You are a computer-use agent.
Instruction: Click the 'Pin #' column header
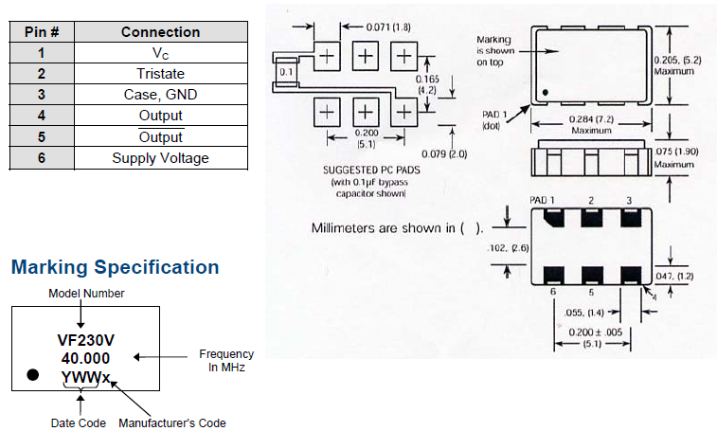click(x=42, y=31)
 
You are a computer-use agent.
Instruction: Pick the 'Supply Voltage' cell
click(x=160, y=157)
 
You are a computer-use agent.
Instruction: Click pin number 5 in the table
click(x=42, y=136)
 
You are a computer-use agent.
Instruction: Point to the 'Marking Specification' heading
click(x=115, y=268)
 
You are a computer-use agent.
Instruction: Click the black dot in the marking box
click(x=32, y=375)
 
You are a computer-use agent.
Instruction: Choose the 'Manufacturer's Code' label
click(x=173, y=422)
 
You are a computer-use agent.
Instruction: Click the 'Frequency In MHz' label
click(x=225, y=360)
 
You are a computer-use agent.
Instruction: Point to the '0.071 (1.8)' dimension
click(x=388, y=27)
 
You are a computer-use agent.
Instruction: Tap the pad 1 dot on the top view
click(x=547, y=92)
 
